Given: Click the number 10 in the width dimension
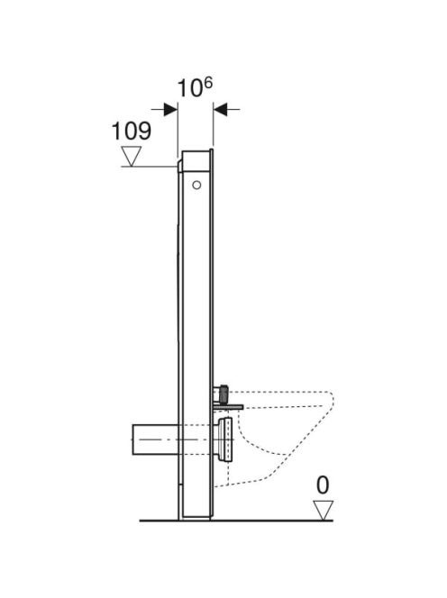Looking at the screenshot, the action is (x=190, y=88).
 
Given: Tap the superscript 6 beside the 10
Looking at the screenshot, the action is (x=207, y=83).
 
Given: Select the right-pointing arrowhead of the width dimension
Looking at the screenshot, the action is (x=170, y=110).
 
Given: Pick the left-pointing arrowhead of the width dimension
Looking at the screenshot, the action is (x=220, y=110).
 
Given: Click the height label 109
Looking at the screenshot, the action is (x=131, y=131).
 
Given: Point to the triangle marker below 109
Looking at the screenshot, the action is (x=132, y=156).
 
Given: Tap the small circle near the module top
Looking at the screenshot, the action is (x=196, y=186).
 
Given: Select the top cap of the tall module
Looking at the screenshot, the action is (x=196, y=160).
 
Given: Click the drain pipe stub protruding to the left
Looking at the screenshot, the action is (x=155, y=439).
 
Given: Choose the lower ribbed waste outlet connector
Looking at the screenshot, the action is (x=223, y=439).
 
